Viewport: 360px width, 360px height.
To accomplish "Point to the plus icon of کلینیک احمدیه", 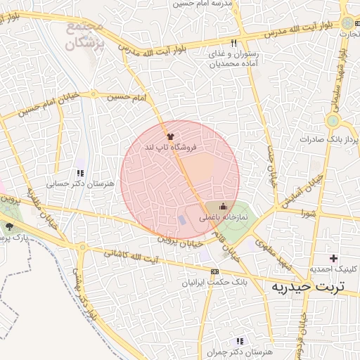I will tap(333, 259).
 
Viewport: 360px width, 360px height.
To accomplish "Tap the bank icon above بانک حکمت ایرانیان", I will tap(214, 271).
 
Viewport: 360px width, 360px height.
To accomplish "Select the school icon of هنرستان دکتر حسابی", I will tap(80, 173).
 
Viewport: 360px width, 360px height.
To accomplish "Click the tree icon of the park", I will tap(10, 226).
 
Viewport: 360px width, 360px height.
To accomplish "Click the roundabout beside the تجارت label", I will tap(345, 22).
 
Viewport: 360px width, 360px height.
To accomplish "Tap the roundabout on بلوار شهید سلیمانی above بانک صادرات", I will tap(333, 121).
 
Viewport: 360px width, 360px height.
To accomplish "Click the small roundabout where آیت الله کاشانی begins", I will tap(82, 247).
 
